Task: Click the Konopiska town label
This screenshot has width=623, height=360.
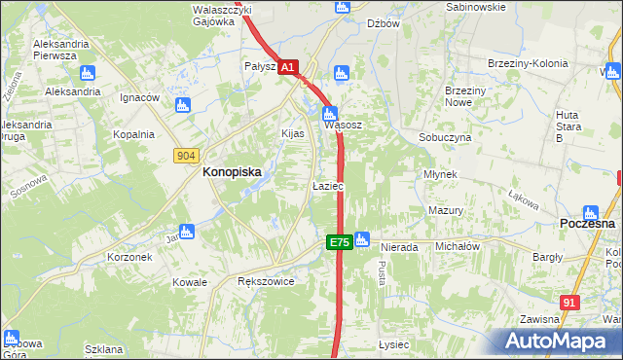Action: [231, 171]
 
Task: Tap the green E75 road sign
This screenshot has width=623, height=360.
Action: [339, 242]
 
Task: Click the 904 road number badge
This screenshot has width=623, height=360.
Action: [186, 155]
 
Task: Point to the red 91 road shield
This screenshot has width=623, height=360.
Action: [570, 303]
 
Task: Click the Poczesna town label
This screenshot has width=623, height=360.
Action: [588, 223]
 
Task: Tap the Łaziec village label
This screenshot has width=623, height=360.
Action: [327, 185]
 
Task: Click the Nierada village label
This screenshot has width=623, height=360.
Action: [398, 247]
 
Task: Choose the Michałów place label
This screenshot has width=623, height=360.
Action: [458, 247]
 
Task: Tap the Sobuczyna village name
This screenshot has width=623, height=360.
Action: [445, 138]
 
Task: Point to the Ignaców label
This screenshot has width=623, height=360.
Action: [139, 98]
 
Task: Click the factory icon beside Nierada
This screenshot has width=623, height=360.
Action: [363, 237]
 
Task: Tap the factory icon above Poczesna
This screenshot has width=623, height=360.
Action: [590, 212]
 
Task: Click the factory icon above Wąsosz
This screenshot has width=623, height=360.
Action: [331, 112]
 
